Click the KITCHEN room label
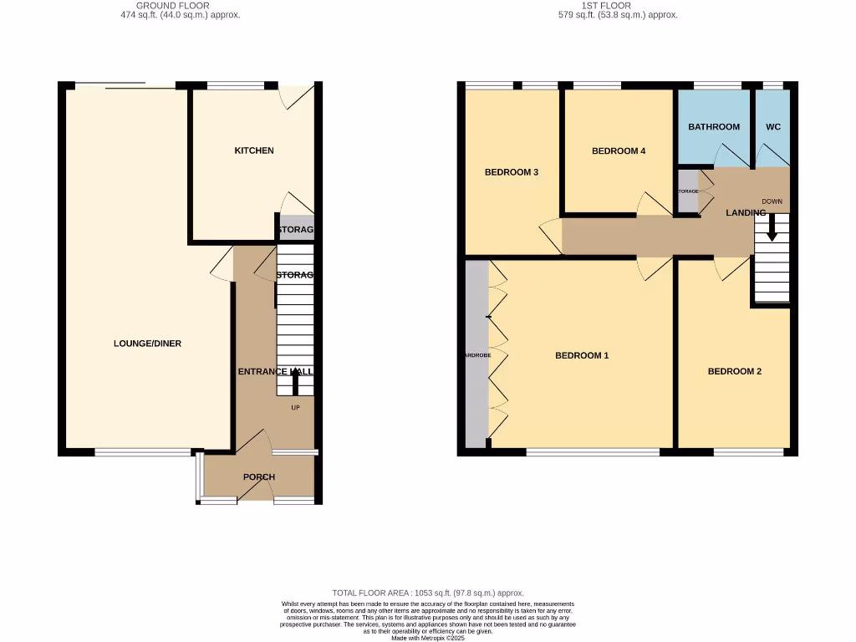pyautogui.click(x=254, y=150)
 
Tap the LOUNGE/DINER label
pyautogui.click(x=148, y=344)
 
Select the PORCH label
pyautogui.click(x=259, y=477)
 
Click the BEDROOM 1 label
pyautogui.click(x=582, y=355)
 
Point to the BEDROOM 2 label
pyautogui.click(x=735, y=371)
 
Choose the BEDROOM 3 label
pyautogui.click(x=512, y=172)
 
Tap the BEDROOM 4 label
pyautogui.click(x=619, y=151)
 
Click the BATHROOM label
pyautogui.click(x=714, y=127)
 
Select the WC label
pyautogui.click(x=773, y=127)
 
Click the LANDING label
pyautogui.click(x=746, y=213)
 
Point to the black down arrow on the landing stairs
pyautogui.click(x=772, y=228)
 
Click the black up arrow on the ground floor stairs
pyautogui.click(x=295, y=381)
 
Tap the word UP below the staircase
pyautogui.click(x=295, y=408)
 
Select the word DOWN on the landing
pyautogui.click(x=772, y=201)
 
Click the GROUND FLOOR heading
pyautogui.click(x=173, y=5)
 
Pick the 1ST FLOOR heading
pyautogui.click(x=618, y=5)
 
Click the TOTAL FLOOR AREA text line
pyautogui.click(x=428, y=593)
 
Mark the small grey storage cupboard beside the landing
pyautogui.click(x=688, y=191)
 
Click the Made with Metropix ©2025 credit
pyautogui.click(x=427, y=638)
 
